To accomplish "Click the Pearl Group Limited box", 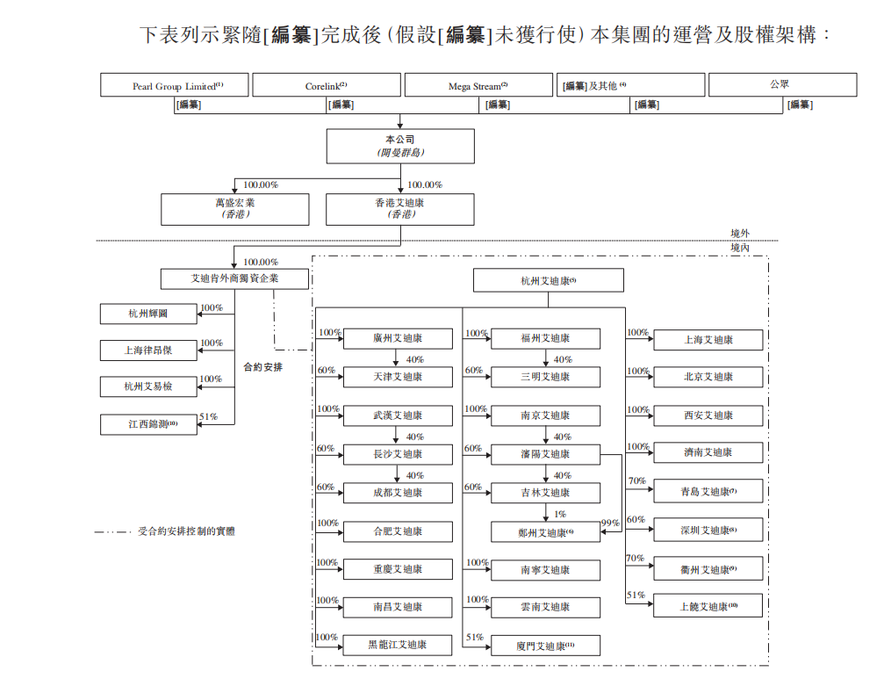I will [x=175, y=85].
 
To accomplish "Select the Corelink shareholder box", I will [x=327, y=85].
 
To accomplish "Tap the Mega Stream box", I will [x=478, y=85].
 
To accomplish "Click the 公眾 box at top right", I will [x=781, y=85].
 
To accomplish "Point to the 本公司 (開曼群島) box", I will [x=400, y=146].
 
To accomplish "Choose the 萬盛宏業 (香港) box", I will [x=235, y=209].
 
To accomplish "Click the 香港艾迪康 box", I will [x=400, y=209].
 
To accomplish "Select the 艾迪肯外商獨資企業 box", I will [x=235, y=278].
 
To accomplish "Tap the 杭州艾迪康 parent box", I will [x=548, y=281].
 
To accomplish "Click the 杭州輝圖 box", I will [x=147, y=314].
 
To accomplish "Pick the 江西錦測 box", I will [x=147, y=424].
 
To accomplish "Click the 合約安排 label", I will [x=263, y=367].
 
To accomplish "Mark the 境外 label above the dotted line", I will [x=741, y=234].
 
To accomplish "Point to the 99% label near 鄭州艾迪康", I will [x=610, y=524].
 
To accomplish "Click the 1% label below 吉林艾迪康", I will [x=560, y=514].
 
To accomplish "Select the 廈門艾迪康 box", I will [x=545, y=646].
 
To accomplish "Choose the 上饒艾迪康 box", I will [x=708, y=606].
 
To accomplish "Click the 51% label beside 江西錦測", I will [x=209, y=417].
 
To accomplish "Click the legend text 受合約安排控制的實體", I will [x=186, y=531].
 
